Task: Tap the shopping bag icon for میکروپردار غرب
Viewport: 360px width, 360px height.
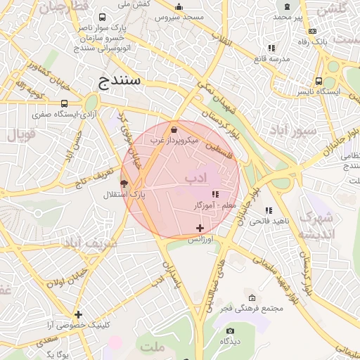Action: [174, 129]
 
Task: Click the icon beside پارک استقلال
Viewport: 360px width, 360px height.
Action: [124, 184]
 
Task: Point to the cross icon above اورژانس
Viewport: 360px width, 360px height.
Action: [200, 228]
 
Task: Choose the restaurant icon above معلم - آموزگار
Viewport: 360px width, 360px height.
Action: [215, 194]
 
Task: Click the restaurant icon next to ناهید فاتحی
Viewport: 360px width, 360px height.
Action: [269, 210]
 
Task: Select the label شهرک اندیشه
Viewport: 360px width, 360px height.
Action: [314, 226]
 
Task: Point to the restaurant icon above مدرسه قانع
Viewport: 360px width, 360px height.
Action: [271, 48]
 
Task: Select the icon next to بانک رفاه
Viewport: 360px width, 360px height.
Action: [312, 31]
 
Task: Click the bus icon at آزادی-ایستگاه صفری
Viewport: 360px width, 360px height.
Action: [65, 103]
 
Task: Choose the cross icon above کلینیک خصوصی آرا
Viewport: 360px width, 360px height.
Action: [78, 314]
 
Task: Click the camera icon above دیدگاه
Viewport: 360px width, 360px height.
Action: [230, 330]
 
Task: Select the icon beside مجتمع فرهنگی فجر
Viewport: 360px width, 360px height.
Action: [252, 298]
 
